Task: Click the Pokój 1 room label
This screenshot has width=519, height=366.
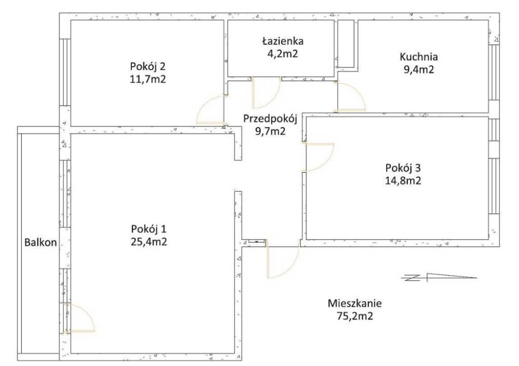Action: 148,229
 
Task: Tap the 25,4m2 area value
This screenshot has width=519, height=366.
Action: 148,242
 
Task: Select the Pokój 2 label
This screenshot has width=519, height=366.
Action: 147,66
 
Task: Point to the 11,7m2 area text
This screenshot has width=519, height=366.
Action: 147,79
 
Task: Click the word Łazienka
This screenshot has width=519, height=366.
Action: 283,41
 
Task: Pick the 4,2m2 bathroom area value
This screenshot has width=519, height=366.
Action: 283,53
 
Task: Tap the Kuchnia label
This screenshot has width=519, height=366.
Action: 419,57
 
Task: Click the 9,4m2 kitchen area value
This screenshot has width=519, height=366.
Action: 419,70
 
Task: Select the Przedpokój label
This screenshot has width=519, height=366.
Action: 270,119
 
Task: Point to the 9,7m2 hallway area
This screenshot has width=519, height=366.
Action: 270,131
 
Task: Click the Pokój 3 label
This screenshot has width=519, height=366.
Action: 403,168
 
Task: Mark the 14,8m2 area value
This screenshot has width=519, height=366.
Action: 403,181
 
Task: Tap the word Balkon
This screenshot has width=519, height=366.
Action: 40,242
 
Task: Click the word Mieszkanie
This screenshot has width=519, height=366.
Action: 355,303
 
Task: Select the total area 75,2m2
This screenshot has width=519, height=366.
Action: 355,316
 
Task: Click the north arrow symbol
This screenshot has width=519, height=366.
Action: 439,277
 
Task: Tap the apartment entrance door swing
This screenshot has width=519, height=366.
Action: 282,262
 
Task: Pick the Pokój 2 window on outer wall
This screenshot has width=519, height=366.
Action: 65,72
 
